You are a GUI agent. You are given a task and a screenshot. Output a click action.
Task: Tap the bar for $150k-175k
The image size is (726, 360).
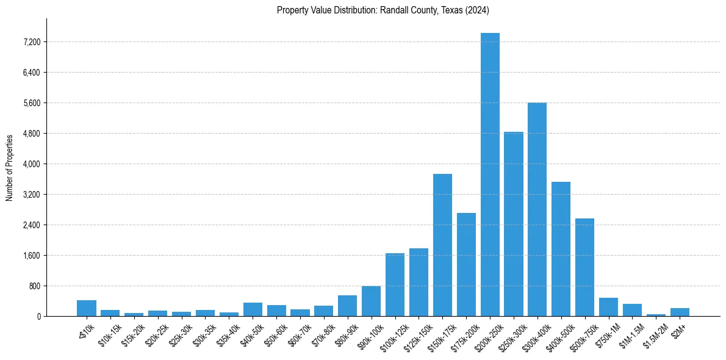(442, 245)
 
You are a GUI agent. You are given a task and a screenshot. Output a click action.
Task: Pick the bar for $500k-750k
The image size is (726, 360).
(584, 267)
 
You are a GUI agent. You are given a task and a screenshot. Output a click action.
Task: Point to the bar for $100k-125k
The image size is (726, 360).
(395, 284)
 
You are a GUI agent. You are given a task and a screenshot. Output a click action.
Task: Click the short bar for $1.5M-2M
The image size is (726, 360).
(656, 315)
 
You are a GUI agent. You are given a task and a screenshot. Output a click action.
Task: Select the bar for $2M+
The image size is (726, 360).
(680, 312)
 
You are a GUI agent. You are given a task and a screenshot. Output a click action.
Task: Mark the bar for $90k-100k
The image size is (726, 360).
(371, 301)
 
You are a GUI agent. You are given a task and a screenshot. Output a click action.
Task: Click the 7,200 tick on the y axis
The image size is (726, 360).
(32, 42)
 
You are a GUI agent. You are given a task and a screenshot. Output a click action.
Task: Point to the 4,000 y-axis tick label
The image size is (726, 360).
(32, 164)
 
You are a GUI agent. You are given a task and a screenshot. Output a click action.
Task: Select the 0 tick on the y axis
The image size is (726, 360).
(38, 317)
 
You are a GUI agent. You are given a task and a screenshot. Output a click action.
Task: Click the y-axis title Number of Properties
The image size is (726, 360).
(9, 168)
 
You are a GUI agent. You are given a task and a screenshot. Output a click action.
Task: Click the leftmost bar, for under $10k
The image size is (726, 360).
(87, 308)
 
